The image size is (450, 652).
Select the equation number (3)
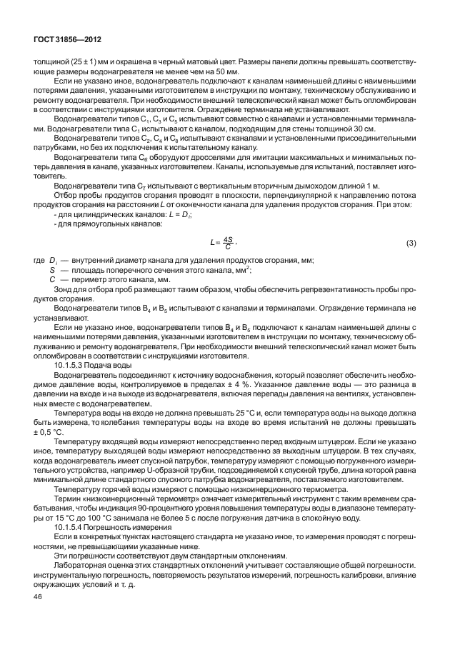point(411,244)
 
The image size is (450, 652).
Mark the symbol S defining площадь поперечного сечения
point(52,271)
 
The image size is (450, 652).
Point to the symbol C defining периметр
point(52,280)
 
